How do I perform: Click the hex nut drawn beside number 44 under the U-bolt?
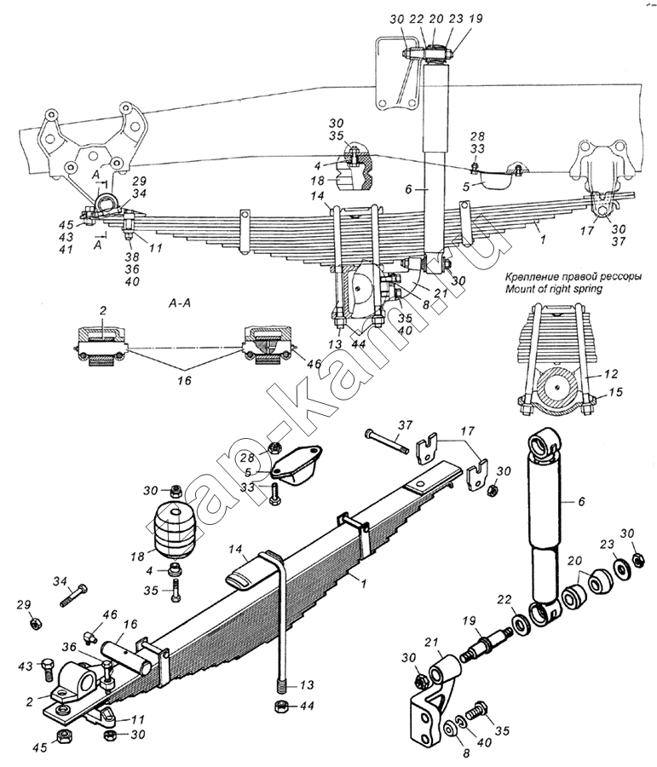click(x=280, y=706)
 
